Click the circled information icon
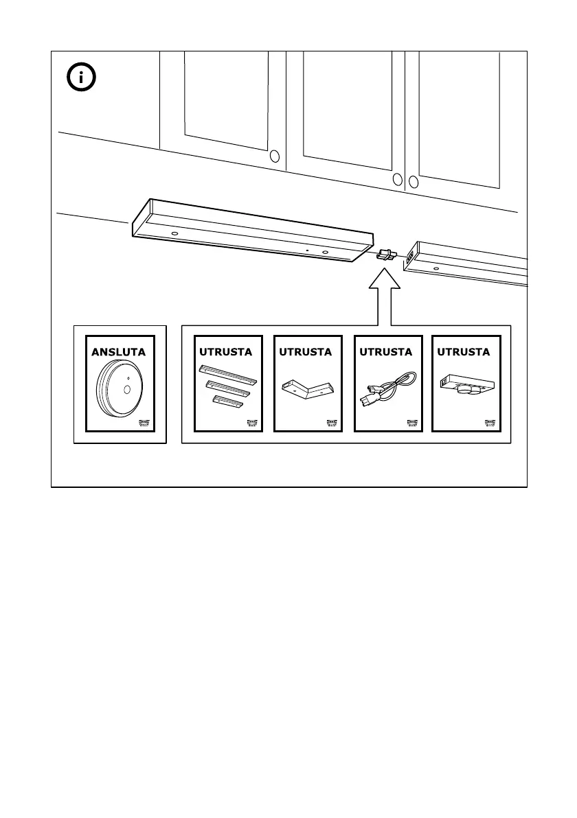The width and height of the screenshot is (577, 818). click(82, 78)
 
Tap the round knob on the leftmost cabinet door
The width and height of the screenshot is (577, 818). click(275, 156)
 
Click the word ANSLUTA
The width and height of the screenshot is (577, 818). click(120, 352)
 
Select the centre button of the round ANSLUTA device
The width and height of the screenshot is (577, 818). click(127, 389)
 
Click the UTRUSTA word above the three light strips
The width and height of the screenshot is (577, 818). click(225, 352)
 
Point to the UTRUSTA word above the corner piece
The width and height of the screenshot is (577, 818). click(305, 352)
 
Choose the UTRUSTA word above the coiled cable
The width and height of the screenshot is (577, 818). click(385, 352)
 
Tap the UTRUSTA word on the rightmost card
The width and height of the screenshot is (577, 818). click(464, 352)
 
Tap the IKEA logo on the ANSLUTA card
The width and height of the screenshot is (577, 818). click(148, 423)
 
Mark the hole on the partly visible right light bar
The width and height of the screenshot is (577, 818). click(435, 268)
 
